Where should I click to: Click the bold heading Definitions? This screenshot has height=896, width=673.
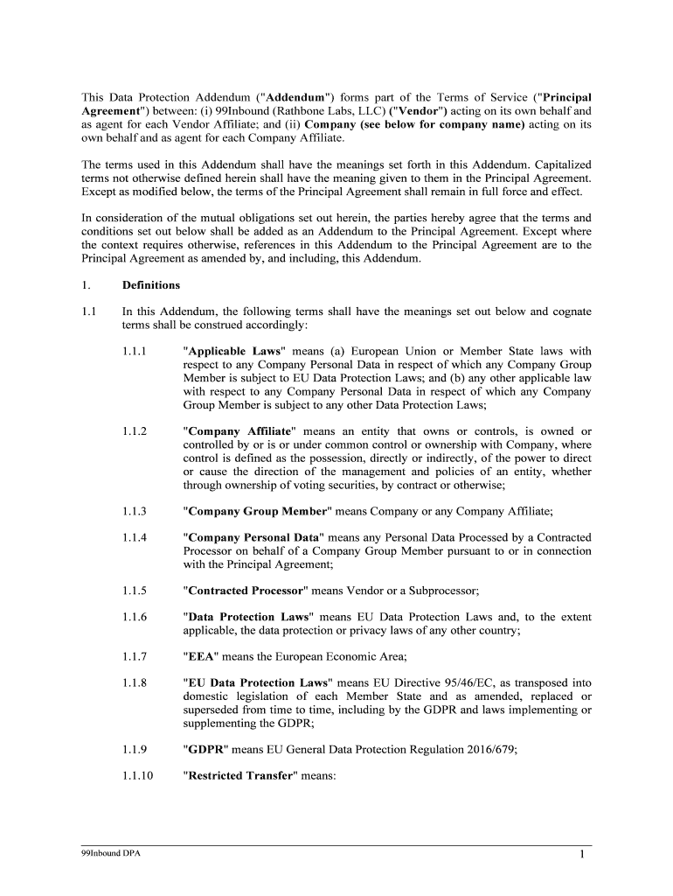point(150,284)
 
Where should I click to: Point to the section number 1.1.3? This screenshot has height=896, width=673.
point(135,511)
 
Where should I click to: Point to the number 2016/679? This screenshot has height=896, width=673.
point(475,749)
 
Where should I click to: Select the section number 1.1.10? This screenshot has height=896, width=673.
point(138,775)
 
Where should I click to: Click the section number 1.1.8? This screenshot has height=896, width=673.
point(135,682)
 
